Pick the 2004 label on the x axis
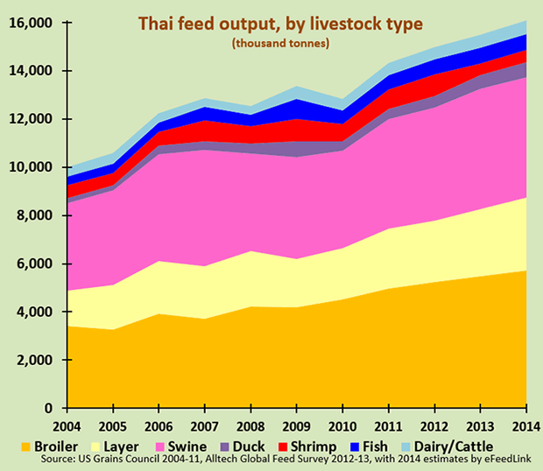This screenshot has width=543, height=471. pyautogui.click(x=68, y=426)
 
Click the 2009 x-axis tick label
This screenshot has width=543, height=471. pyautogui.click(x=297, y=426)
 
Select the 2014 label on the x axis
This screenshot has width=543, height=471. pyautogui.click(x=525, y=426)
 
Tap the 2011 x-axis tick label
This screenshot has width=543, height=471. pyautogui.click(x=388, y=426)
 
